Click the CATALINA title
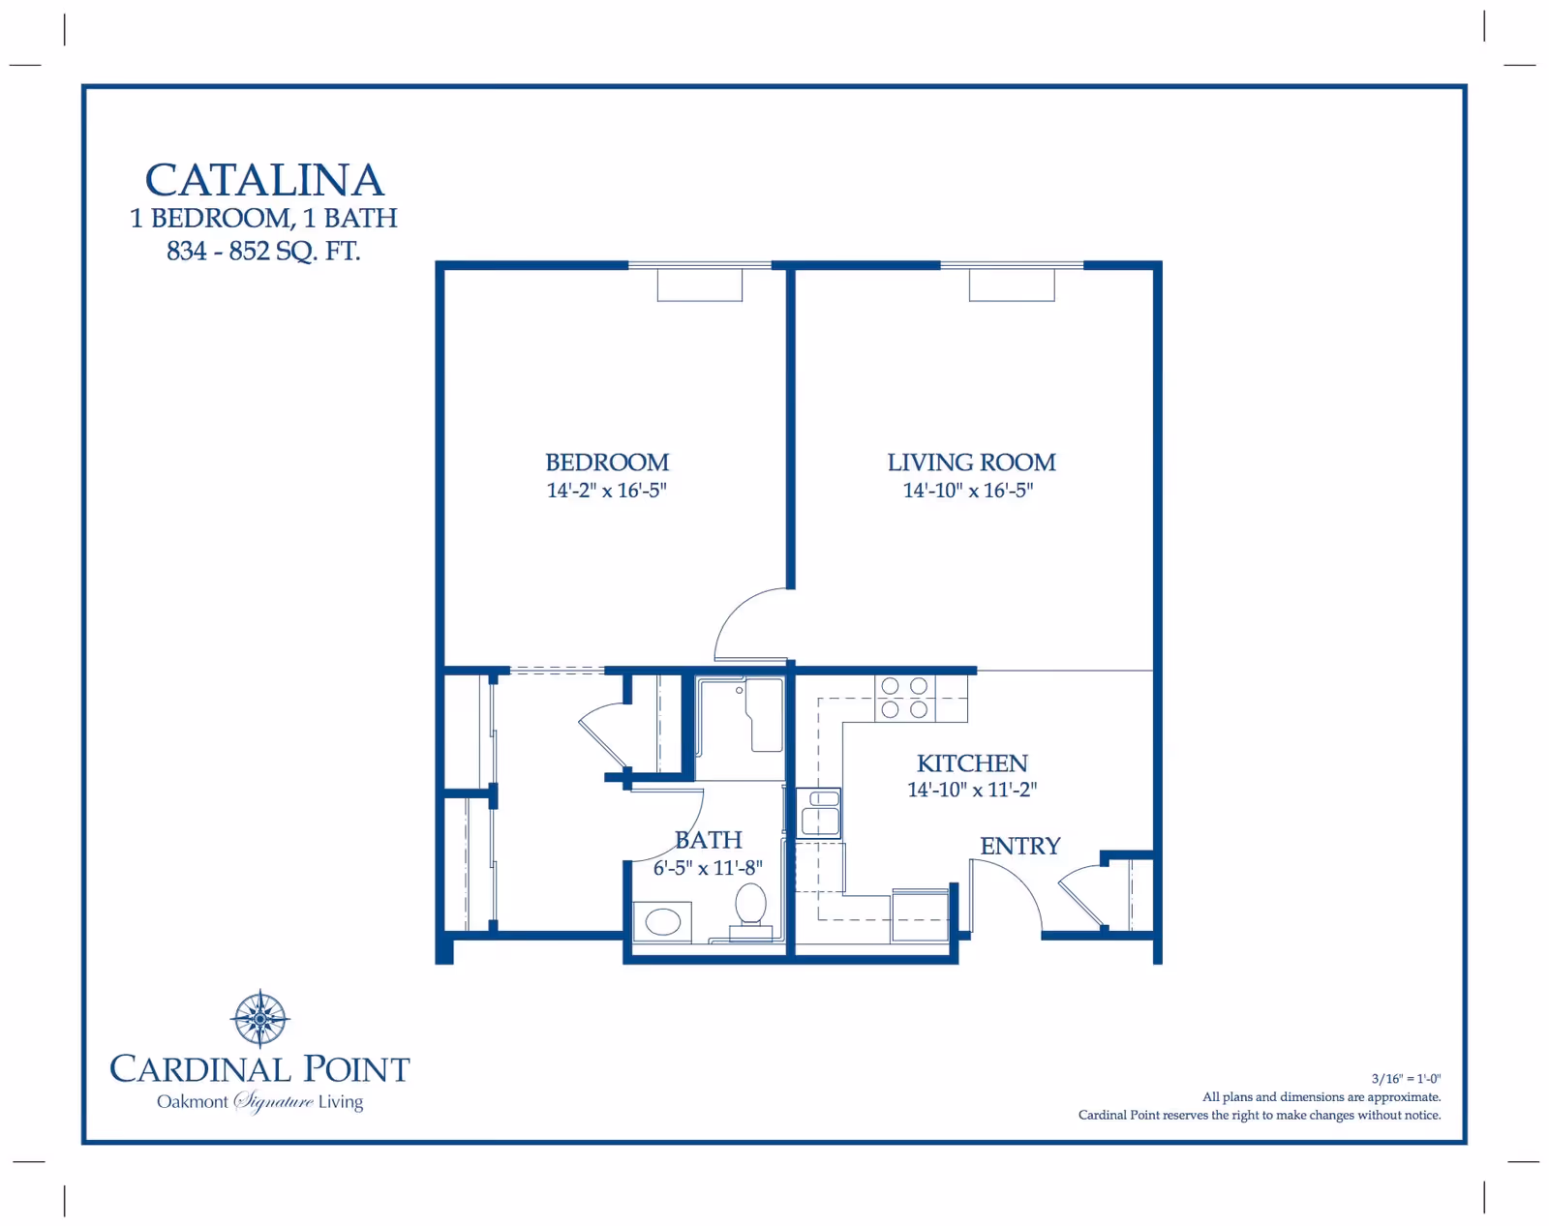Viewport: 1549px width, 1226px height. coord(264,180)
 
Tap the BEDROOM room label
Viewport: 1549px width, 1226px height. coord(607,462)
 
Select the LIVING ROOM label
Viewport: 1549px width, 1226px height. coord(971,462)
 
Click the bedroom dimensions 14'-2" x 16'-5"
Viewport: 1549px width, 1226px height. coord(606,490)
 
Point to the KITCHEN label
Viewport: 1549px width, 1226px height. coord(972,763)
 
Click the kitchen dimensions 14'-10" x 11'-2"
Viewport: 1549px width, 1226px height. coord(972,790)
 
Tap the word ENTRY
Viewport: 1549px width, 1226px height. coord(1020,846)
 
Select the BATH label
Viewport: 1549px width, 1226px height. coord(709,840)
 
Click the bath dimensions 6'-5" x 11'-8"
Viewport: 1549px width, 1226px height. coord(708,868)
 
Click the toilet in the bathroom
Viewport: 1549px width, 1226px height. coord(750,911)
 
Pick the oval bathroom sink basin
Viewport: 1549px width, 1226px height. coord(663,921)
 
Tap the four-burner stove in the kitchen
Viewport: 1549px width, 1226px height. coord(905,698)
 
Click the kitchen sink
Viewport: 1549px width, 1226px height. coord(819,814)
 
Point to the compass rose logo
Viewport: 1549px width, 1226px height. coord(259,1019)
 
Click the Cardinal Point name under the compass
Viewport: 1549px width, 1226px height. coord(259,1069)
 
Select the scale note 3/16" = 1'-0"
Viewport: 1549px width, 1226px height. coord(1406,1079)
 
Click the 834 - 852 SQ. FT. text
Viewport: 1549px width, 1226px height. coord(263,251)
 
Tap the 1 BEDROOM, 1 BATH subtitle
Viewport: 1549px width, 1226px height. coord(263,218)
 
